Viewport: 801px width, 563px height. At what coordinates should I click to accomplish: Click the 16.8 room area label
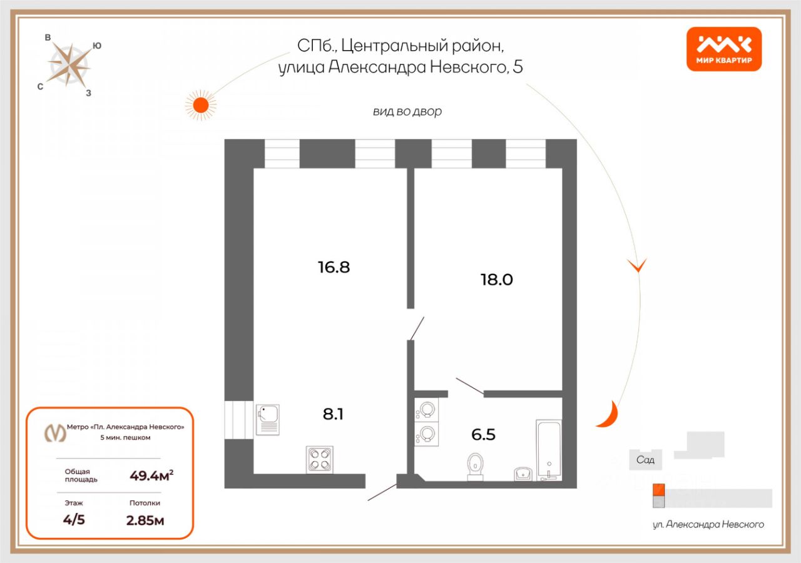coord(333,268)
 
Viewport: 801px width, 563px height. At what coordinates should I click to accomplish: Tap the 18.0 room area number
coord(496,280)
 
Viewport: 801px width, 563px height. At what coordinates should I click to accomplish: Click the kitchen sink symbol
coord(268,419)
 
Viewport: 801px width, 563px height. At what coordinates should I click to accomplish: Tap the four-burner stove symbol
coord(319,459)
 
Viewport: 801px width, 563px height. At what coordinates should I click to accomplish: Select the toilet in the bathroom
coord(476,467)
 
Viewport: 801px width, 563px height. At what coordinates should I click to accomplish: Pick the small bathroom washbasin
coord(523,474)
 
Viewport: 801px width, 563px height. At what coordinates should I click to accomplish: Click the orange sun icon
coord(200,104)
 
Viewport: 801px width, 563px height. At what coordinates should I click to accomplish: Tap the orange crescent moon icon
coord(608,415)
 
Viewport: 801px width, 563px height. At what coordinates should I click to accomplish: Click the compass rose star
coord(69,64)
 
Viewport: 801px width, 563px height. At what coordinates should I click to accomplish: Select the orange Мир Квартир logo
coord(724,49)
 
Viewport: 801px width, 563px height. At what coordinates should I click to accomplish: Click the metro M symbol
coord(54,432)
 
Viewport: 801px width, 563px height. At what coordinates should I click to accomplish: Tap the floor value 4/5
coord(74,520)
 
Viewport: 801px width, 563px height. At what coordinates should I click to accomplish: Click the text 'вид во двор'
coord(407,112)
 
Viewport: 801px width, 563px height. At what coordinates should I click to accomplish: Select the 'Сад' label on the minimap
coord(645,460)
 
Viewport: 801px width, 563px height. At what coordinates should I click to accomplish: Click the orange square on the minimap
coord(658,489)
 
